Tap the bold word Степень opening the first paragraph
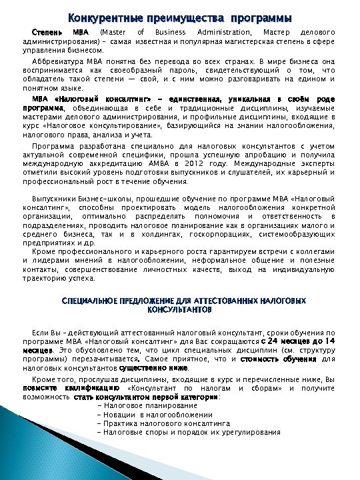point(47,32)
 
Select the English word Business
point(169,32)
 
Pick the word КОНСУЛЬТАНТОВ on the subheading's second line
point(179,310)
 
